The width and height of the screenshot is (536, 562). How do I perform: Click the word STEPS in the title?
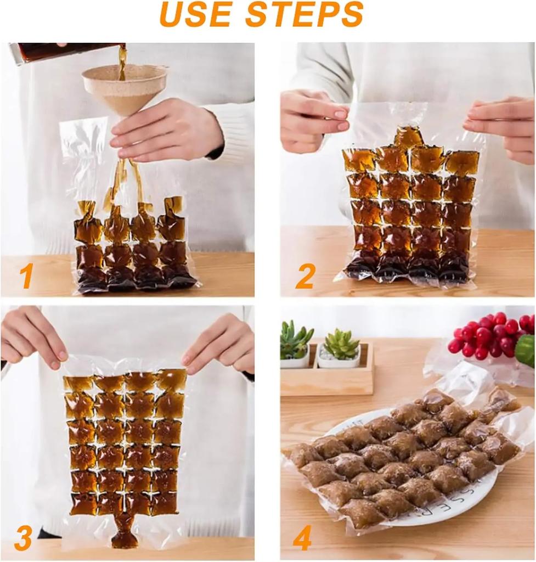click(x=304, y=15)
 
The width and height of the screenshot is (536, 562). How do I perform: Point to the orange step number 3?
click(x=23, y=539)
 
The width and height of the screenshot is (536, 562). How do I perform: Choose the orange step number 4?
click(x=302, y=538)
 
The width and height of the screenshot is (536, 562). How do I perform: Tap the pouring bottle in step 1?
click(x=66, y=52)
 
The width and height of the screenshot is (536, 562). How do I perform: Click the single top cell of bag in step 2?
click(x=409, y=137)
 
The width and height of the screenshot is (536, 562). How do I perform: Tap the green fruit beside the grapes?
click(x=526, y=350)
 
